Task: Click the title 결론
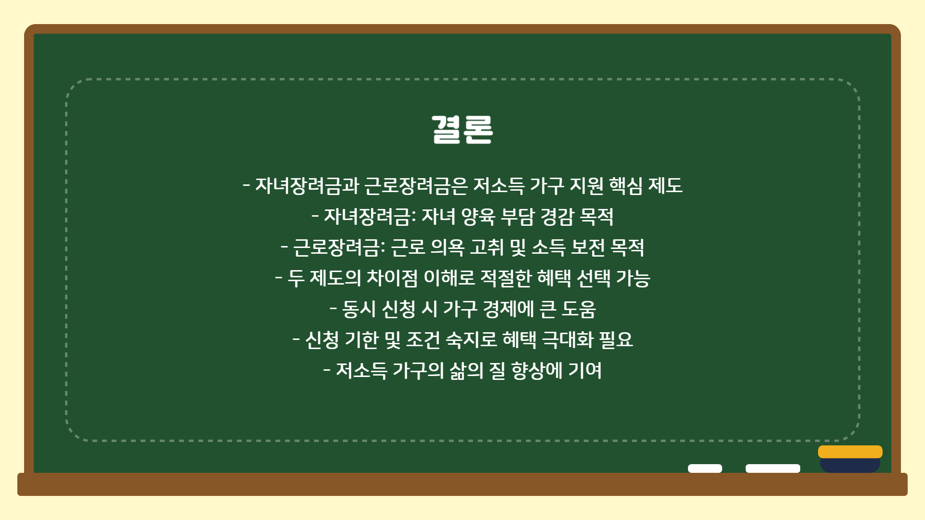coord(462,130)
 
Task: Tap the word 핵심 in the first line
coord(626,185)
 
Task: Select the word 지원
coord(586,185)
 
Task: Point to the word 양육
coord(478,217)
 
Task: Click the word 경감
coord(557,217)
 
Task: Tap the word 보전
coord(588,247)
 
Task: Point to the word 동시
coord(359,309)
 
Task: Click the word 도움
coord(579,309)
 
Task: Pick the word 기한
coord(362,340)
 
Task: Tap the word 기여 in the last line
coord(585,371)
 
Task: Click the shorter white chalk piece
coord(705,468)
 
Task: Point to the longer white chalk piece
coord(773,468)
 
